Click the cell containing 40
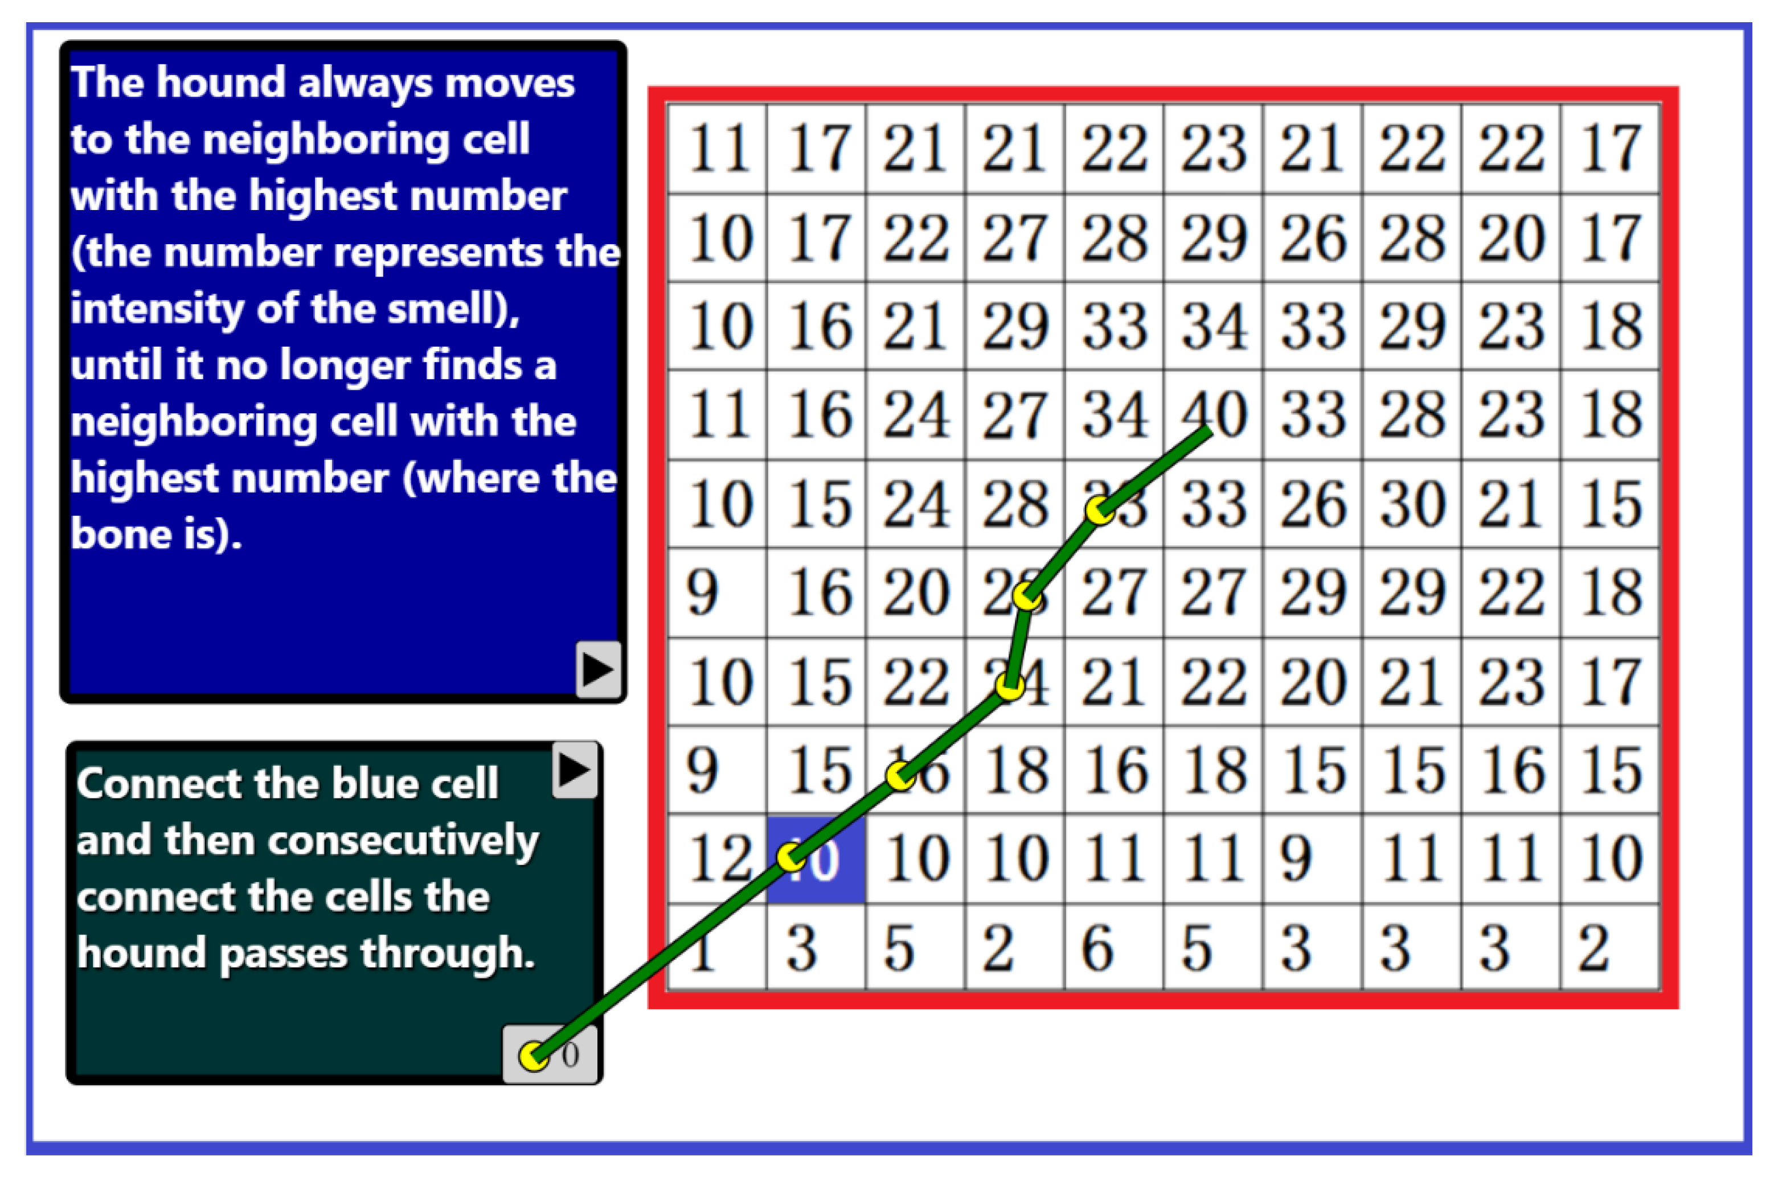[x=1213, y=414]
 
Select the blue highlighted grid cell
[x=817, y=859]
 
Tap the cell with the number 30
[x=1411, y=503]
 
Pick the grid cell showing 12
[x=718, y=859]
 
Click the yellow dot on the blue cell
[x=790, y=857]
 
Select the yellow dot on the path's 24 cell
[x=1010, y=686]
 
